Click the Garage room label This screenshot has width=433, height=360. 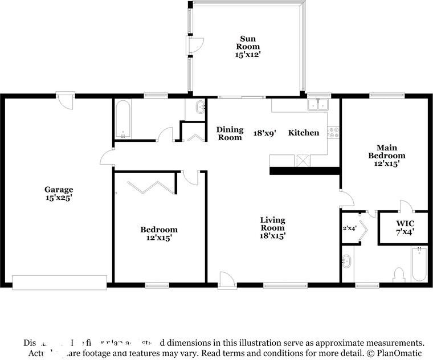click(x=59, y=190)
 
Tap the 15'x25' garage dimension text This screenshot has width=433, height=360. click(x=59, y=198)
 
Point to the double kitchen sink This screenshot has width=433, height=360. click(x=317, y=105)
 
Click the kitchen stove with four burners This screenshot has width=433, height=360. click(x=334, y=133)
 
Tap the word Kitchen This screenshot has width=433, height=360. click(x=303, y=133)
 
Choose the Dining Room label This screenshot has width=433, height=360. click(x=230, y=133)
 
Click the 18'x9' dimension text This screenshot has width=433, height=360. click(x=265, y=133)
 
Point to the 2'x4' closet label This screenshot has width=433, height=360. click(x=349, y=228)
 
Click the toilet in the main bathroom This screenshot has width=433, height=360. click(x=399, y=275)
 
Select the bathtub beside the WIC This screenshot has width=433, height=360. click(x=419, y=264)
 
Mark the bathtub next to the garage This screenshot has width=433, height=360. click(x=124, y=120)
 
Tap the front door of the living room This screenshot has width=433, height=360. click(x=226, y=279)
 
